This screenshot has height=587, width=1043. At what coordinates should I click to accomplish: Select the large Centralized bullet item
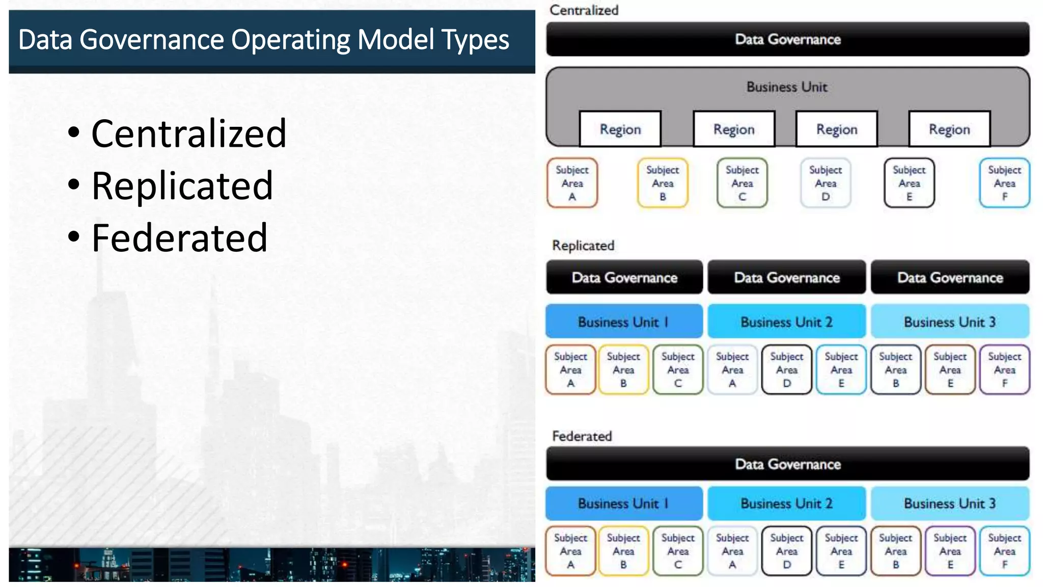tap(188, 134)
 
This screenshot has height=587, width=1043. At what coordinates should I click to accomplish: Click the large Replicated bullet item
tap(182, 185)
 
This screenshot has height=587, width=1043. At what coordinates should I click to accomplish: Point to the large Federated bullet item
tap(179, 238)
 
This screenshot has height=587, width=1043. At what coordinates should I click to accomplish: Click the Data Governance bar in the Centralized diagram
tap(787, 39)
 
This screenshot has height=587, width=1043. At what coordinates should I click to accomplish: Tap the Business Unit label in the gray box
tap(787, 87)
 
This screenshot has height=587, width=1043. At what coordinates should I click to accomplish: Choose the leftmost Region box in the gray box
tap(620, 129)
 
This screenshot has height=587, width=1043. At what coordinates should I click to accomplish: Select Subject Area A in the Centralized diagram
tap(572, 183)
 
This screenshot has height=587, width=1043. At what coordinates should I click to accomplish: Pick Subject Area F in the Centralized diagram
tap(1004, 183)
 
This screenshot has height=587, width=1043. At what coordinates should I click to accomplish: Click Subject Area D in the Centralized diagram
tap(825, 183)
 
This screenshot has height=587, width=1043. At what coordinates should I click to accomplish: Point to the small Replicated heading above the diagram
tap(583, 246)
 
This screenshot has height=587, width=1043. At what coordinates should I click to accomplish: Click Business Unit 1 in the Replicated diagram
tap(623, 322)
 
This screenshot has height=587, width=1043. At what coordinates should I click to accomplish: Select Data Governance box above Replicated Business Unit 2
tap(786, 278)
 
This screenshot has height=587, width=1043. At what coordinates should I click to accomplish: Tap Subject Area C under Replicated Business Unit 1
tap(677, 370)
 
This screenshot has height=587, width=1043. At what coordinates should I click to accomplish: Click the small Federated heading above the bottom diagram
tap(582, 436)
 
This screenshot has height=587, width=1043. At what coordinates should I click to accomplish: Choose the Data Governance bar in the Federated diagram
tap(787, 464)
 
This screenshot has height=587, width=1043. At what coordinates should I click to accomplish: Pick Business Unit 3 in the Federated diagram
tap(949, 503)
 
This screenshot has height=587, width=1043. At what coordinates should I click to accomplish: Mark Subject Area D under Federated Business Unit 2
tap(786, 551)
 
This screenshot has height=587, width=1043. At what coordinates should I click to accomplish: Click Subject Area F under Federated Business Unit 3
tap(1004, 551)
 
